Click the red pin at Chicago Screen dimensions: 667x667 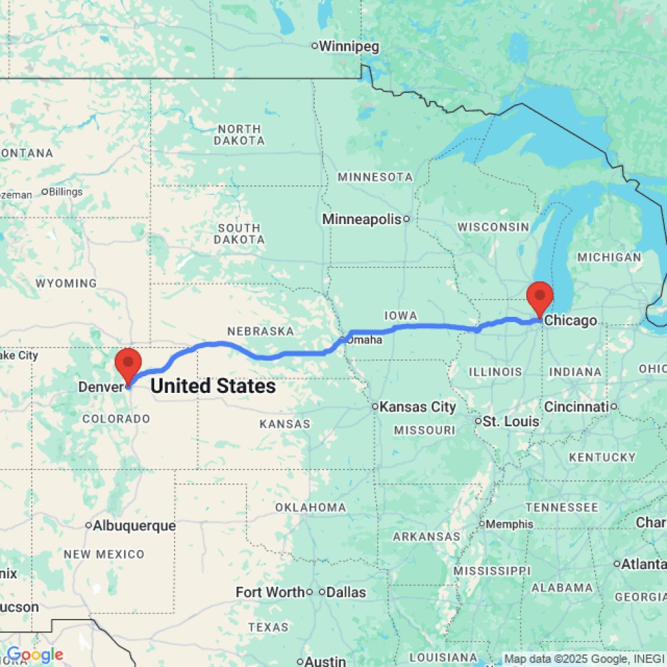click(540, 295)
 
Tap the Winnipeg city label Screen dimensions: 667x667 click(349, 47)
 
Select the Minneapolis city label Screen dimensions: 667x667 click(362, 219)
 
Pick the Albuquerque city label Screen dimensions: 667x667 click(134, 526)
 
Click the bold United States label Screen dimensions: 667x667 click(213, 386)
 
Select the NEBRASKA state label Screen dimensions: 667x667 click(260, 331)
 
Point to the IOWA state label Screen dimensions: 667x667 click(401, 315)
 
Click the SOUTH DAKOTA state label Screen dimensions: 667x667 click(239, 234)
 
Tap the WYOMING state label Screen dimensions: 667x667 click(66, 283)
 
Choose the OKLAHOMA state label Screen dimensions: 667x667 click(311, 508)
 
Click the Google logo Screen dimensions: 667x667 click(35, 655)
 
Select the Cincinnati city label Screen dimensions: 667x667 click(577, 407)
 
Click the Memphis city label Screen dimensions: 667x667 click(510, 524)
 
